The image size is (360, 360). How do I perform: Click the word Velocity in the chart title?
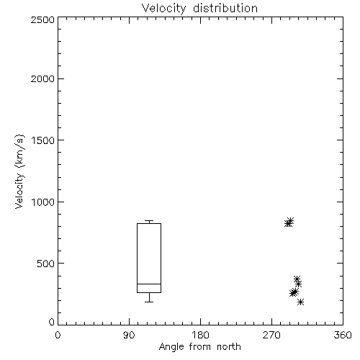(x=163, y=9)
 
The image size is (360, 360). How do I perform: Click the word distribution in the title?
(x=225, y=8)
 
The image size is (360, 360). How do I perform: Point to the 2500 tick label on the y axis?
(x=42, y=19)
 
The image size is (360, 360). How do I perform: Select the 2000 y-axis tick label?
(x=42, y=78)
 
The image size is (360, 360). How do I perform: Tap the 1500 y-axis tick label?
(x=43, y=140)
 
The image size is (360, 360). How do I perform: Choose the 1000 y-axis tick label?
(x=43, y=202)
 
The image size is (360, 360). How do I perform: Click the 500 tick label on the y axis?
(x=46, y=264)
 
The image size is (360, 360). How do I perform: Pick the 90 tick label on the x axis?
(x=129, y=335)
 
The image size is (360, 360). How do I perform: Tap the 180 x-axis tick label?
(x=200, y=335)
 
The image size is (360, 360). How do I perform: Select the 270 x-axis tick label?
(x=271, y=335)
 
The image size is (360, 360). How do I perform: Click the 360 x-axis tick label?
(x=343, y=335)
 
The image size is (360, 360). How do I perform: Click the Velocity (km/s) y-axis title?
(x=19, y=171)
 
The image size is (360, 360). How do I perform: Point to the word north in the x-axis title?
(x=229, y=346)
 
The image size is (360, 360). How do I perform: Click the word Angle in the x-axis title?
(x=171, y=347)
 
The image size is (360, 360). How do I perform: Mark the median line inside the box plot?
(x=149, y=284)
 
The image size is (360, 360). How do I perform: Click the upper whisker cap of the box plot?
(x=149, y=220)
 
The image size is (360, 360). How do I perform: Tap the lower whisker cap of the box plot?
(x=149, y=302)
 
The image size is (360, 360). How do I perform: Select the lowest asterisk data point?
(x=300, y=302)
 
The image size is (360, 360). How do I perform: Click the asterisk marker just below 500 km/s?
(x=297, y=279)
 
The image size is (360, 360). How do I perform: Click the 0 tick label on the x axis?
(x=58, y=335)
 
